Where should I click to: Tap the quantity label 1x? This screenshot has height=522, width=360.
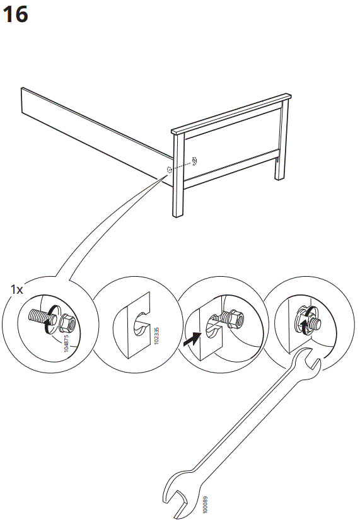(16, 289)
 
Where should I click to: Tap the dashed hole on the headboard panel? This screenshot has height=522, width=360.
(195, 160)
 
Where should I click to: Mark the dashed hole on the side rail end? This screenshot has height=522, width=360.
(170, 170)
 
